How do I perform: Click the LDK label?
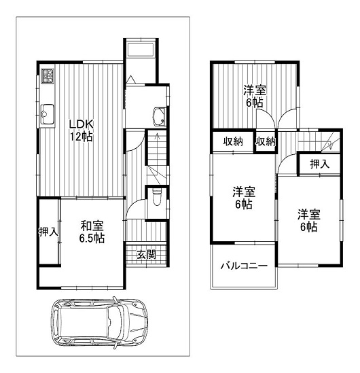(x=81, y=124)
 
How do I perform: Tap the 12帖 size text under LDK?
(x=81, y=137)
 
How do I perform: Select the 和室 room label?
(x=92, y=226)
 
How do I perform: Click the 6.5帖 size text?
(x=92, y=238)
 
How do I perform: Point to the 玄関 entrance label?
(x=147, y=255)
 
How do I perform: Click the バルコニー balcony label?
(x=244, y=266)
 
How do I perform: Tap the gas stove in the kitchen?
(x=48, y=76)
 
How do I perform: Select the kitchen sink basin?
(x=48, y=114)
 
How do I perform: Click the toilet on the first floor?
(x=156, y=197)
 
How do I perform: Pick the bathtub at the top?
(x=141, y=50)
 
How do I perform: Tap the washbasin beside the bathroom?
(x=160, y=117)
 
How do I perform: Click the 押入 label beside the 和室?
(x=48, y=232)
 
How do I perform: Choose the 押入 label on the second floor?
(x=320, y=164)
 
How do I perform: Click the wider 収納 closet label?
(x=233, y=141)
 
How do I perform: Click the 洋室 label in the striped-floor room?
(x=255, y=90)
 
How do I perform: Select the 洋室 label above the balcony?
(x=244, y=192)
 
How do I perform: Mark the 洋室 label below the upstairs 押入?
(x=309, y=214)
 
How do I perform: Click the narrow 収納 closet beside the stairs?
(x=266, y=141)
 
